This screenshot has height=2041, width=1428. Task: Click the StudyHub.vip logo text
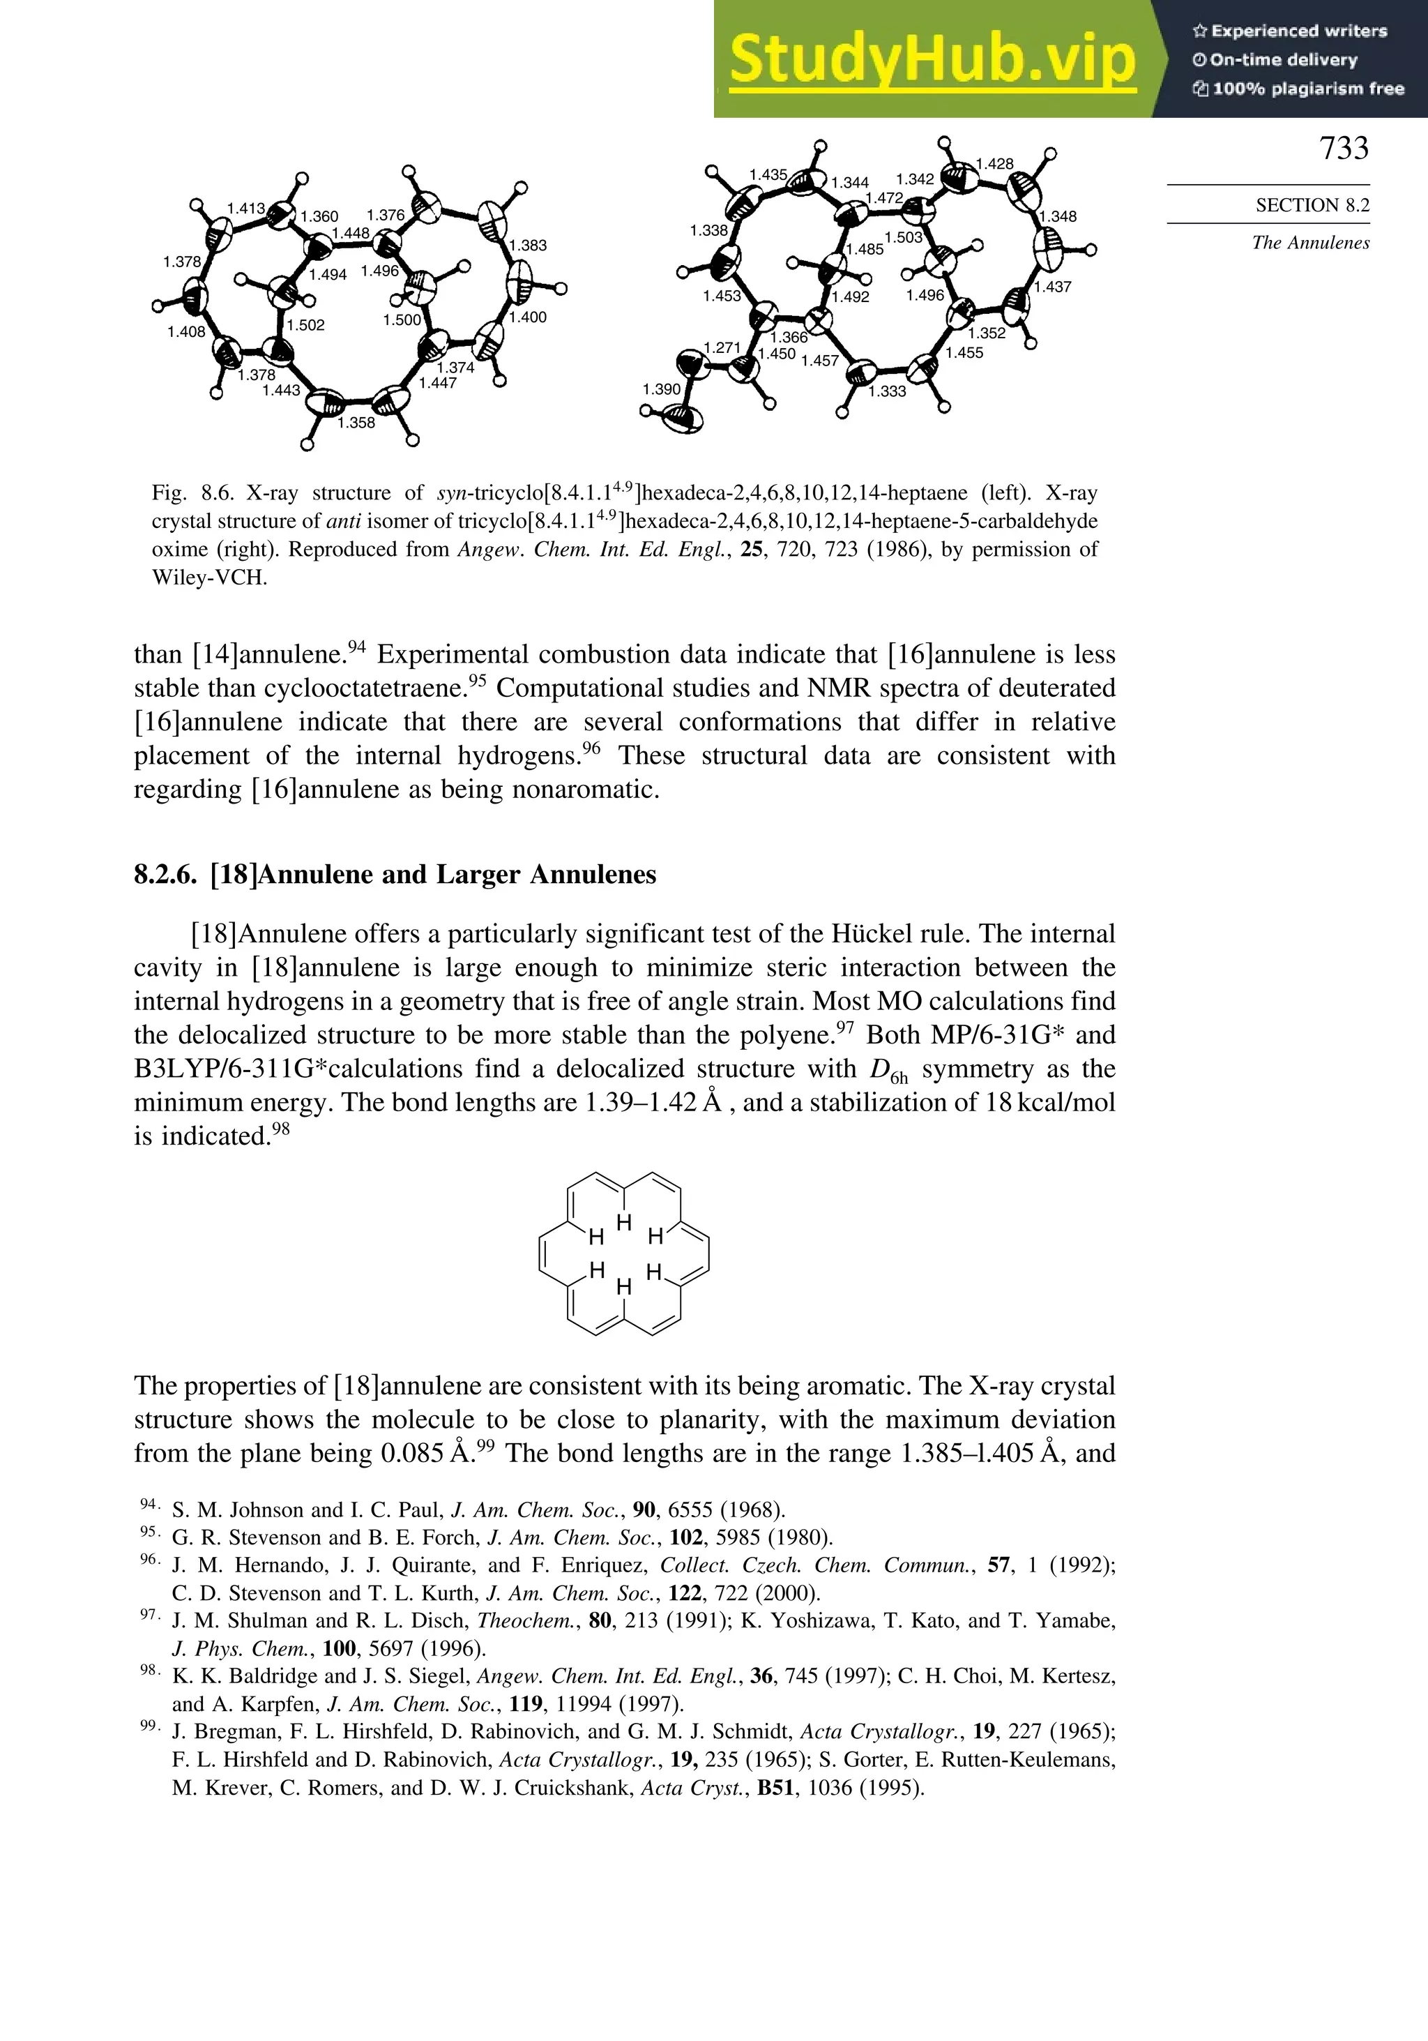932,61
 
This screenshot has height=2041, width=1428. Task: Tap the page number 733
1344,148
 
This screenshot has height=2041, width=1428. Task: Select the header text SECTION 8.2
1312,205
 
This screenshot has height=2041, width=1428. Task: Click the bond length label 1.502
305,325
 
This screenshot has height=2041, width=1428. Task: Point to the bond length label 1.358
356,423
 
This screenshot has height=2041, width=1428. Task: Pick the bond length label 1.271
722,347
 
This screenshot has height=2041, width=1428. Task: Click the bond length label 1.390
661,389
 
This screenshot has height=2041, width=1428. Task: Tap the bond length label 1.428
994,163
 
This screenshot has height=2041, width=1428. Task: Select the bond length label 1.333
887,391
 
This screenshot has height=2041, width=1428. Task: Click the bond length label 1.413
246,209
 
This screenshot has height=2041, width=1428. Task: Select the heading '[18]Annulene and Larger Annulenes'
433,875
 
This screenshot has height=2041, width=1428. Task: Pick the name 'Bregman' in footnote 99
230,1732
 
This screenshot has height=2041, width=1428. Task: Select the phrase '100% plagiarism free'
1307,89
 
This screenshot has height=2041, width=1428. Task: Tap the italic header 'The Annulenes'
1310,243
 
